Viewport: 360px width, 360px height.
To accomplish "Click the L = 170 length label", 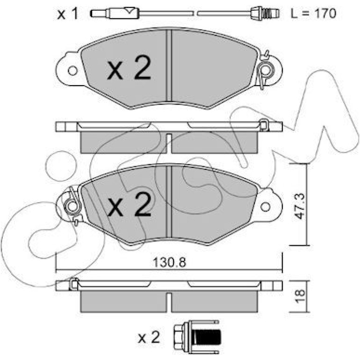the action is click(313, 13).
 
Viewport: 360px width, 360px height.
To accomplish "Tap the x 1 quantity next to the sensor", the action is click(68, 14).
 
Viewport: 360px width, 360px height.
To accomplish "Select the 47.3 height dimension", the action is click(300, 206).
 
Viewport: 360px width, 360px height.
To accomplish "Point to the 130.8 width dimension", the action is click(169, 262).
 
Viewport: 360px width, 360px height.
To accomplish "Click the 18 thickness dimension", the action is click(300, 296).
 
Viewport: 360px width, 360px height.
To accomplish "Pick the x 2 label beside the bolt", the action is click(149, 338).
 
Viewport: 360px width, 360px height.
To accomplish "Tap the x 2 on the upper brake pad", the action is click(129, 68).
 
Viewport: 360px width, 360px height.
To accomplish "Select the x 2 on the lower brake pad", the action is click(130, 204).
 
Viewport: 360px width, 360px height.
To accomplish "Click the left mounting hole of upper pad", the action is click(73, 71).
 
